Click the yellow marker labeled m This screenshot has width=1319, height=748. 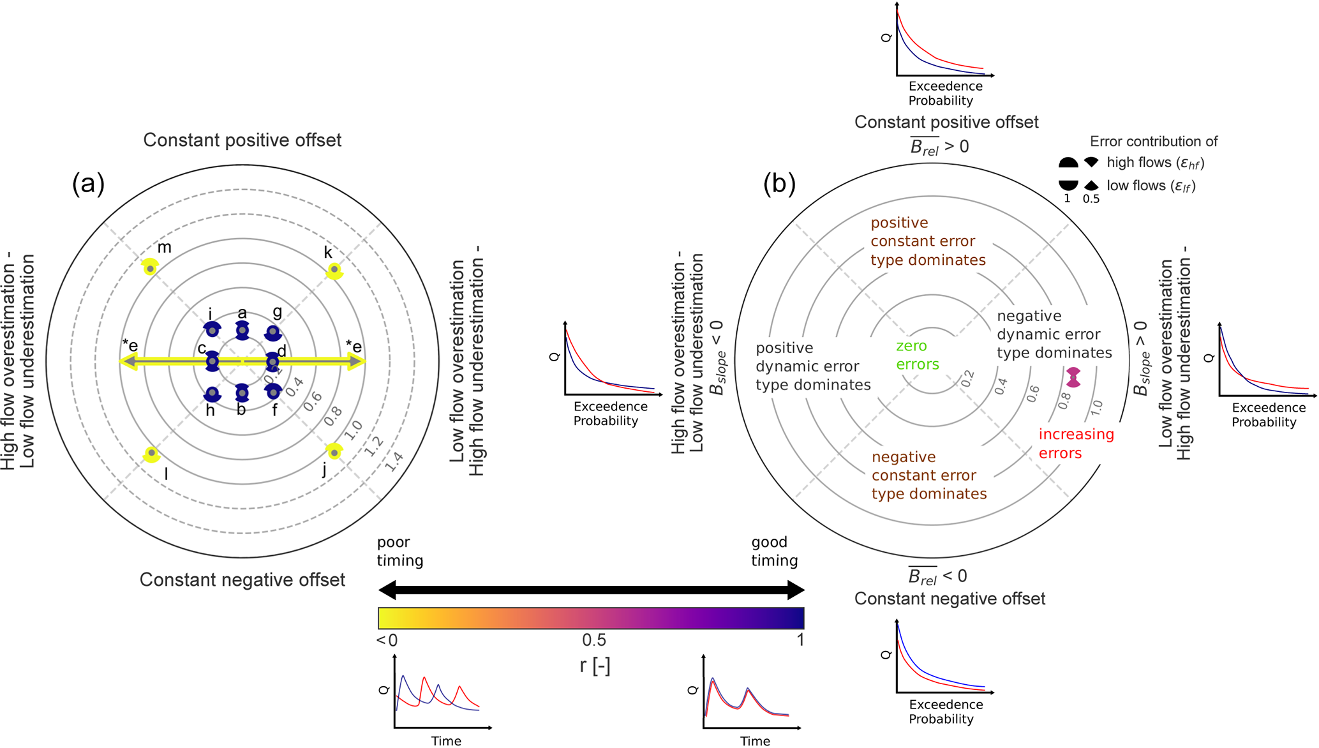(x=149, y=268)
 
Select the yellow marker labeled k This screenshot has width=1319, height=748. (x=334, y=270)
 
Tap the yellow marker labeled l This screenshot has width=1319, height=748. (x=151, y=453)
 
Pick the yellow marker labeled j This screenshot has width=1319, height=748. (x=334, y=453)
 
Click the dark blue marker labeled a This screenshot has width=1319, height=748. (x=242, y=331)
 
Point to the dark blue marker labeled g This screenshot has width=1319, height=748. (x=273, y=333)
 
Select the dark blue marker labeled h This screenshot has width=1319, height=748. (x=212, y=394)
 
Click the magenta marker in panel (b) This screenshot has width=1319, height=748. (x=1073, y=377)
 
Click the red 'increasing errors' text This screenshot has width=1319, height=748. (x=1076, y=444)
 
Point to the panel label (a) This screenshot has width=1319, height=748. (x=88, y=183)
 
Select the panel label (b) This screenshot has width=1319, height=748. (x=779, y=183)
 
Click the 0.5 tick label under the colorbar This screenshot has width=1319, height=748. (x=593, y=640)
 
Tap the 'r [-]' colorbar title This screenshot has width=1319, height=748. (x=595, y=666)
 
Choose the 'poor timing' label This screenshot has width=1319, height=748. (x=400, y=551)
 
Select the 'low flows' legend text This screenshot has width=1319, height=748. (x=1151, y=186)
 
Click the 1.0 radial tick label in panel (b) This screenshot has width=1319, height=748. (x=1096, y=407)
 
